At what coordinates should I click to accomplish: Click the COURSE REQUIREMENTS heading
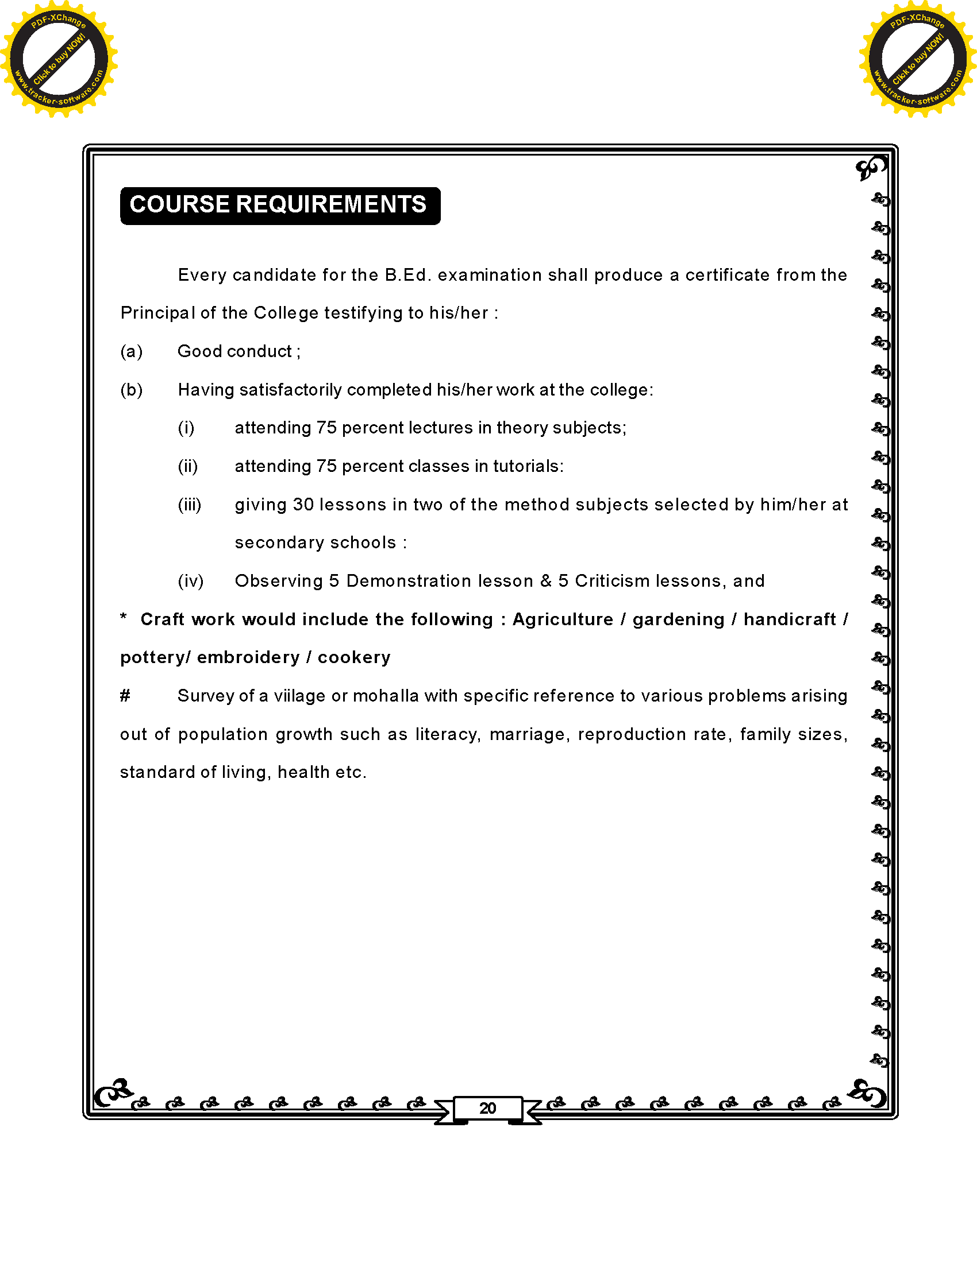(279, 206)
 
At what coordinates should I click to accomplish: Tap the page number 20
(487, 1109)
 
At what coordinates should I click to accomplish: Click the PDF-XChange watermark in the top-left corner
(59, 59)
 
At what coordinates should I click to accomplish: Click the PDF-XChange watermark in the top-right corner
(918, 59)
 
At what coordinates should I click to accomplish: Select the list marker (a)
(132, 351)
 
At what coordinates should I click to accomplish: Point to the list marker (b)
(132, 390)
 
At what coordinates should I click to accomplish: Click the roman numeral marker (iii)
(189, 505)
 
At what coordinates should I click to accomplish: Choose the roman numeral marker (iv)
(190, 581)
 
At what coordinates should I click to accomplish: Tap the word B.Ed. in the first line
(408, 274)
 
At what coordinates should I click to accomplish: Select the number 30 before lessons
(303, 505)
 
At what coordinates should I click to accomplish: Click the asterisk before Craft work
(124, 617)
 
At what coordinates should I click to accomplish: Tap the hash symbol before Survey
(125, 696)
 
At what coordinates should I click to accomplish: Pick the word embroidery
(248, 657)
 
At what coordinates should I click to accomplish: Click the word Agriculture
(563, 619)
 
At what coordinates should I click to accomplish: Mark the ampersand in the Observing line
(546, 581)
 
